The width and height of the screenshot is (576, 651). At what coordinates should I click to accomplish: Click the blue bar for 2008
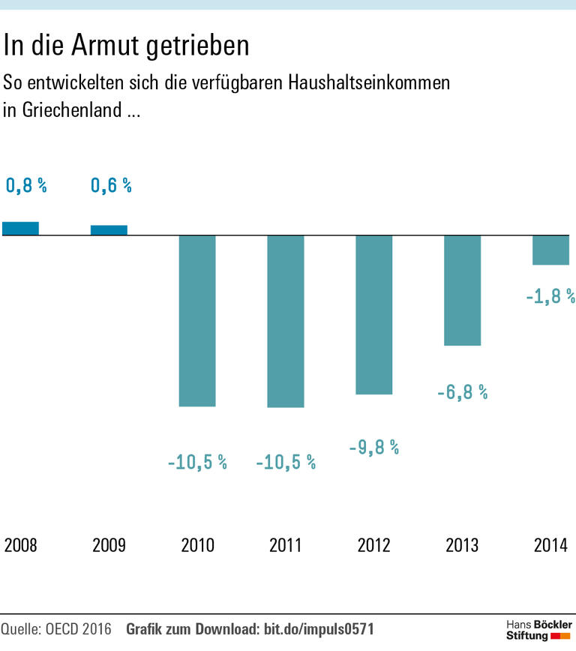21,229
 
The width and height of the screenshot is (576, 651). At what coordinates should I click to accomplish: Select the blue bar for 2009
109,230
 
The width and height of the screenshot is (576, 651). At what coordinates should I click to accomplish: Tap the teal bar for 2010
197,321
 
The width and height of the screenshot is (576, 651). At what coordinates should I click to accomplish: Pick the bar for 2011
286,321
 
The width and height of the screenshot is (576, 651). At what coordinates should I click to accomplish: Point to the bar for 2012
373,315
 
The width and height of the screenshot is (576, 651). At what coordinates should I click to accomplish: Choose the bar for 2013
462,290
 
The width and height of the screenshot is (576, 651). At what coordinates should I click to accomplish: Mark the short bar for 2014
550,250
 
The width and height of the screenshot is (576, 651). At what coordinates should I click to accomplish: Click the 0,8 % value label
26,186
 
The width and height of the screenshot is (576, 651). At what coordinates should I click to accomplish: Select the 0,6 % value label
111,186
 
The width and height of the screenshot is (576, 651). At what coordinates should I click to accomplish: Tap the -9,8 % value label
373,448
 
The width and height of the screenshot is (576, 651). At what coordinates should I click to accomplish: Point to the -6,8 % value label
462,391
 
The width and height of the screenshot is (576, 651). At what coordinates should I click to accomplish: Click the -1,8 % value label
550,295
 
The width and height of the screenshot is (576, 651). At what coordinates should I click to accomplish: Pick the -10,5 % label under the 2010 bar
197,463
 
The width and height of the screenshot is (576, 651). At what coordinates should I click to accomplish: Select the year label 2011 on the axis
286,545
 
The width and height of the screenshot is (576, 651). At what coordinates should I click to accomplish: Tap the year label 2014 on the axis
550,545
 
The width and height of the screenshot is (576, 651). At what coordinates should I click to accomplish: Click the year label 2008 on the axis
21,545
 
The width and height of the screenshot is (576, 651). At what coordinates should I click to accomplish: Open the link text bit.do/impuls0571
319,628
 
